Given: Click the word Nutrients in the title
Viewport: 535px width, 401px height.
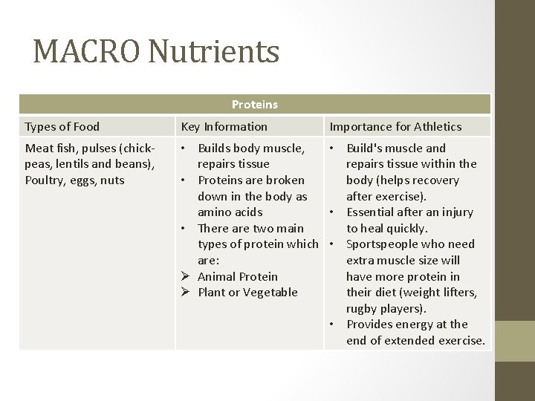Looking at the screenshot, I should (215, 51).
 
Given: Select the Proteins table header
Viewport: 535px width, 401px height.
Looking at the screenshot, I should (255, 105).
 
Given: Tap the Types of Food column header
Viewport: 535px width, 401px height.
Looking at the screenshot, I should (62, 126).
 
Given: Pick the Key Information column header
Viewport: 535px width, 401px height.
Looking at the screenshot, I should (224, 126).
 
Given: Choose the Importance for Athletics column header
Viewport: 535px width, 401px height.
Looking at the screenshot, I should (395, 126).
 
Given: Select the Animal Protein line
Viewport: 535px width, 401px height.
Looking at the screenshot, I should (238, 276).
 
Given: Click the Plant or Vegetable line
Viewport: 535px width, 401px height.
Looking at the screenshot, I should (247, 293).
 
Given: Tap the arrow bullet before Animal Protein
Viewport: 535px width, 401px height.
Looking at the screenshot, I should (187, 276).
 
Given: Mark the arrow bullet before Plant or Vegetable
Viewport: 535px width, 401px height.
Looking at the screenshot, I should (187, 293).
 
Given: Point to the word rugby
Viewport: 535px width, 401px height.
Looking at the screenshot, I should (363, 308).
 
